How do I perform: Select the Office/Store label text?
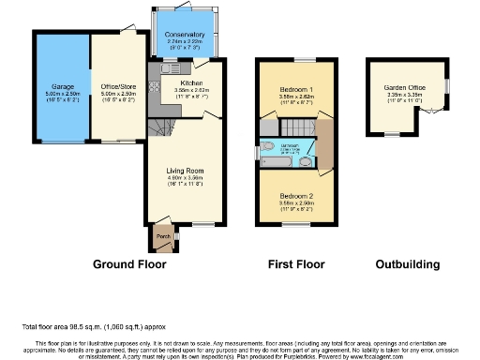[x=117, y=86]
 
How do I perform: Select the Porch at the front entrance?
[x=161, y=235]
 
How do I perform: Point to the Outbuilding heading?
[x=407, y=265]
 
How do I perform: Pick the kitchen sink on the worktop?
[x=170, y=68]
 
